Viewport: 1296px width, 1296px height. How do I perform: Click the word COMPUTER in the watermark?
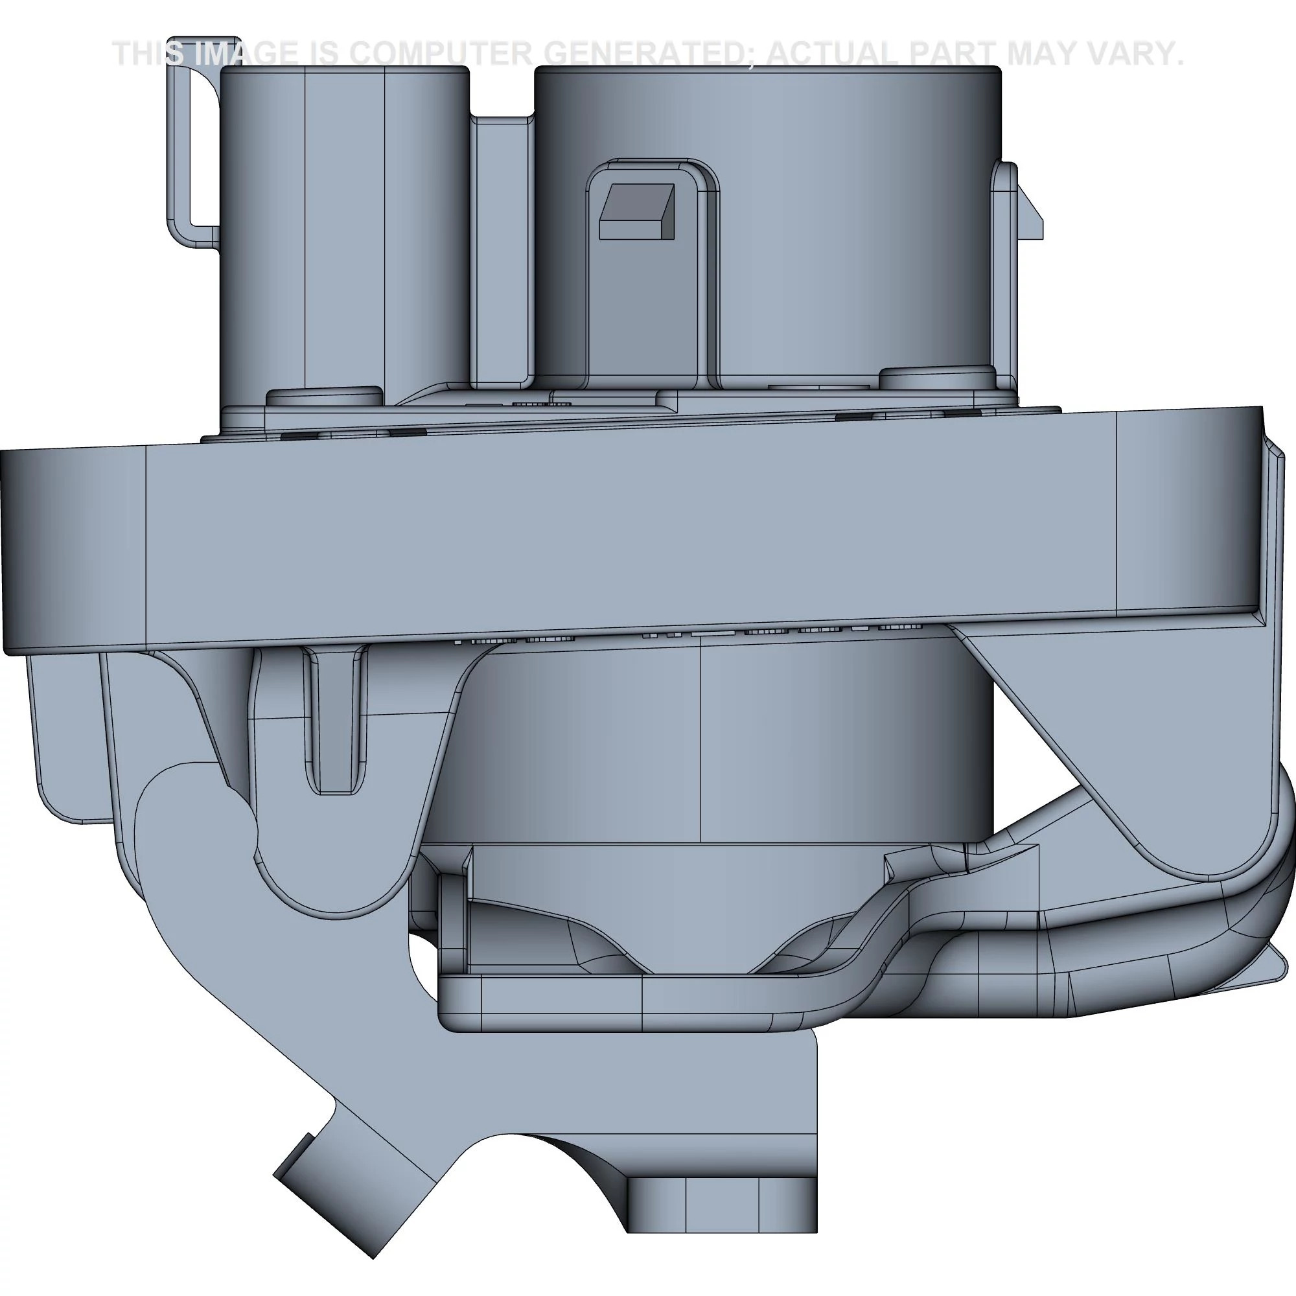(441, 54)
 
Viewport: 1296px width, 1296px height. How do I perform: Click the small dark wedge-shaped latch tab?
(636, 211)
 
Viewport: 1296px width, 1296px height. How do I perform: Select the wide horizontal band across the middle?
(631, 530)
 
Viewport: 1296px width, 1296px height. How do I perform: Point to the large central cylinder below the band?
(704, 738)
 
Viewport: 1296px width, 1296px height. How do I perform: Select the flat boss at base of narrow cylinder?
(324, 396)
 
